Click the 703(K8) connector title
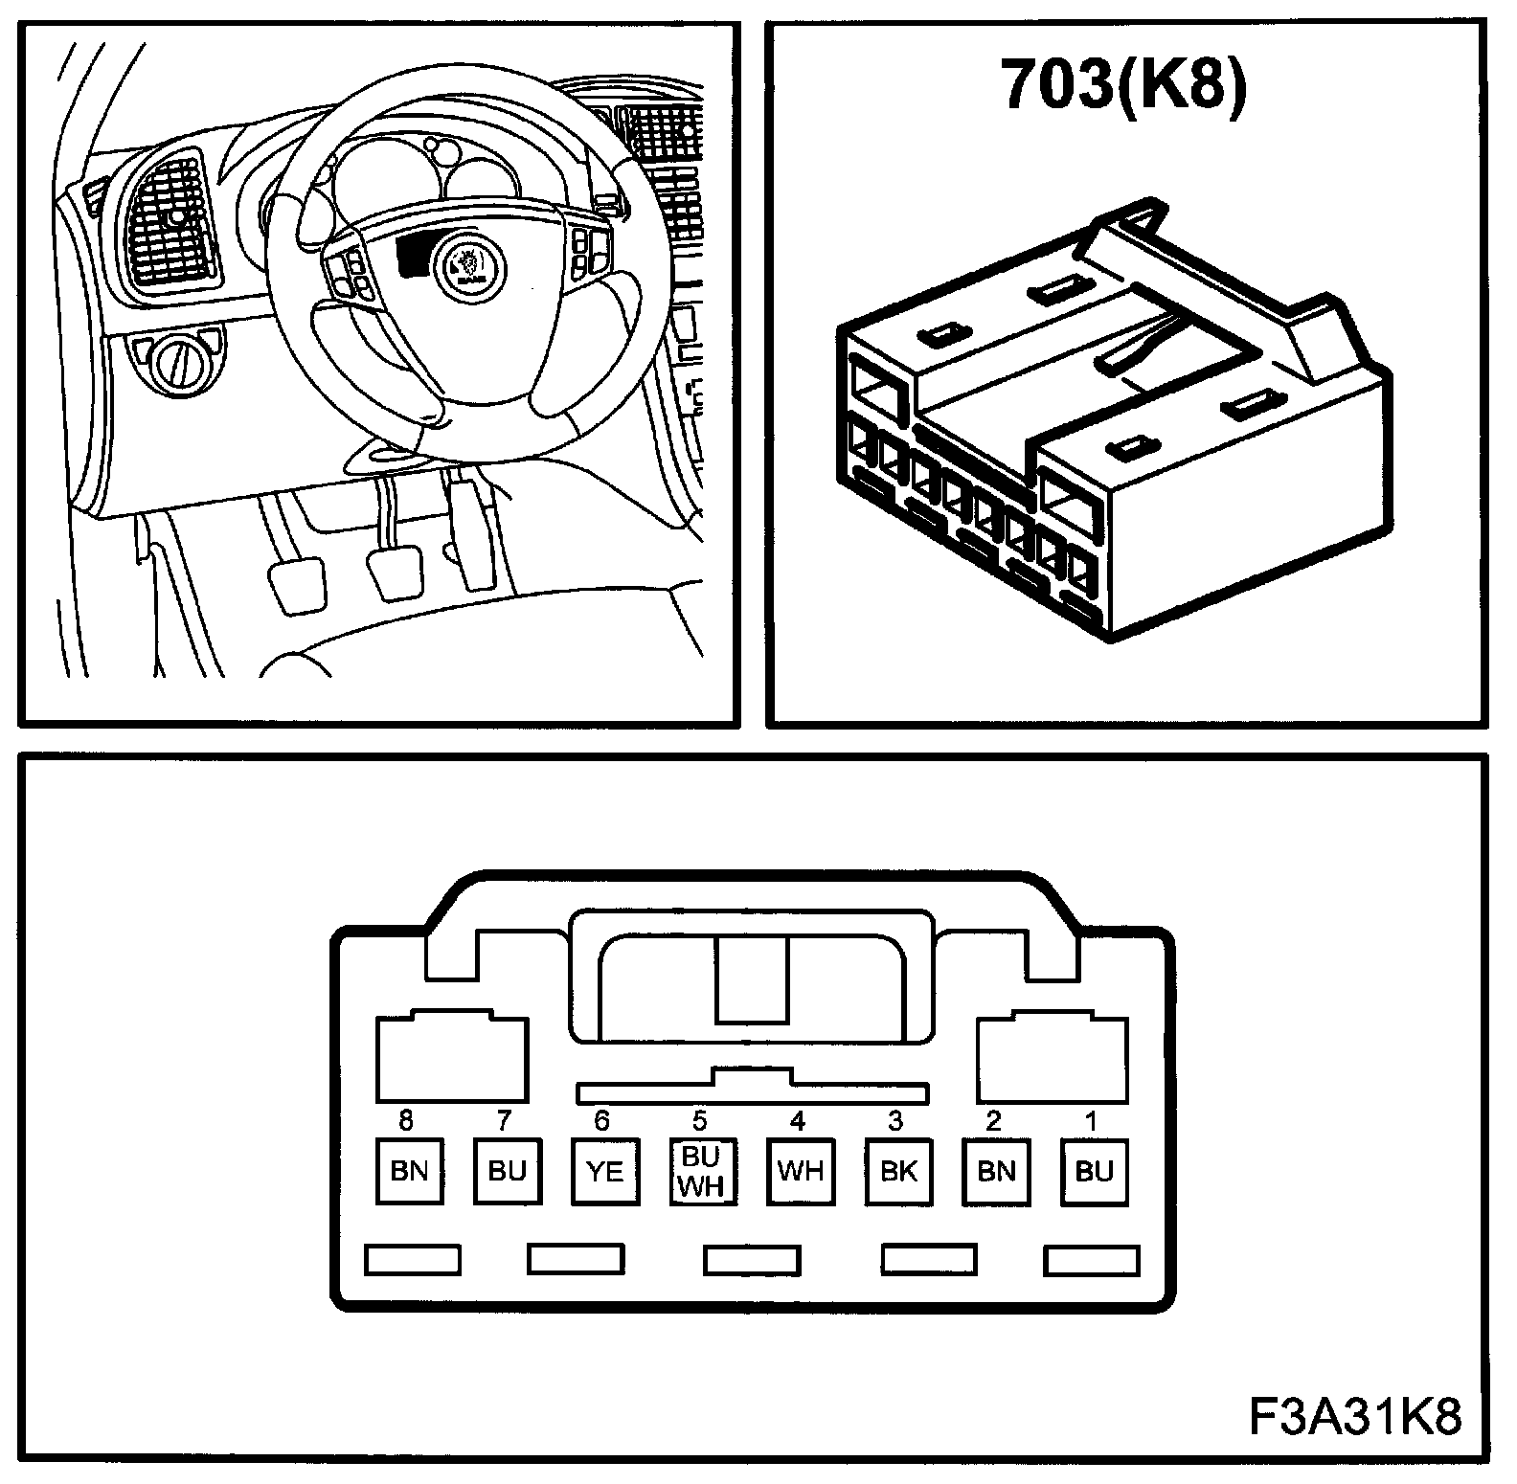pyautogui.click(x=1123, y=85)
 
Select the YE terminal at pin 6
pyautogui.click(x=605, y=1171)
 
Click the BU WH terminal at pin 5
pyautogui.click(x=703, y=1171)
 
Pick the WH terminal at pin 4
pyautogui.click(x=801, y=1171)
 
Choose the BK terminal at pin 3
pyautogui.click(x=898, y=1171)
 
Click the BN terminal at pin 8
pyautogui.click(x=409, y=1171)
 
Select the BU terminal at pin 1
pyautogui.click(x=1094, y=1171)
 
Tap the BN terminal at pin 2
pyautogui.click(x=996, y=1171)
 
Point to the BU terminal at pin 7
pyautogui.click(x=508, y=1171)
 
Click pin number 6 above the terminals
pyautogui.click(x=601, y=1120)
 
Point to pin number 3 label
pyautogui.click(x=895, y=1120)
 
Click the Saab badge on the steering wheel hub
pyautogui.click(x=469, y=267)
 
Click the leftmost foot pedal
pyautogui.click(x=298, y=585)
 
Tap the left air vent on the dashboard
pyautogui.click(x=171, y=222)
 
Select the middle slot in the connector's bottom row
pyautogui.click(x=752, y=1259)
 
